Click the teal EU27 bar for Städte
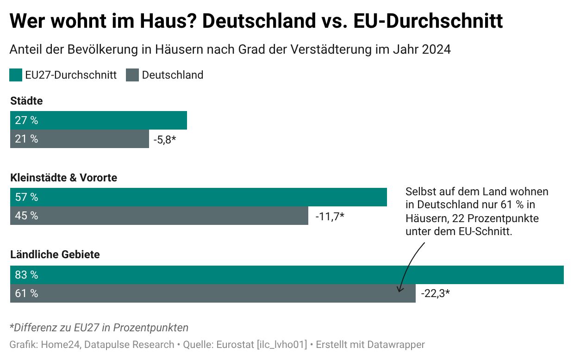click(x=99, y=120)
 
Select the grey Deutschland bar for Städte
click(x=80, y=139)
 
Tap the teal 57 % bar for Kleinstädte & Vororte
click(x=199, y=197)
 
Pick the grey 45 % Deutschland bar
click(x=159, y=216)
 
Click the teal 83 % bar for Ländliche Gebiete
click(x=287, y=275)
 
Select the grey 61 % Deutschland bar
click(x=213, y=293)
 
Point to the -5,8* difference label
click(x=165, y=139)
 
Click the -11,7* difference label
click(x=330, y=216)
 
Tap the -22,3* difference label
click(x=436, y=293)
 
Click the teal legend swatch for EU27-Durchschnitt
click(x=16, y=75)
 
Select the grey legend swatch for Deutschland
click(x=132, y=75)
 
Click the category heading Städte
click(x=26, y=101)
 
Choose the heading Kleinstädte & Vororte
click(x=64, y=178)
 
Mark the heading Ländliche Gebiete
click(x=55, y=254)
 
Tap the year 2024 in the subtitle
click(x=436, y=50)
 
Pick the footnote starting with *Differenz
click(x=99, y=328)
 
